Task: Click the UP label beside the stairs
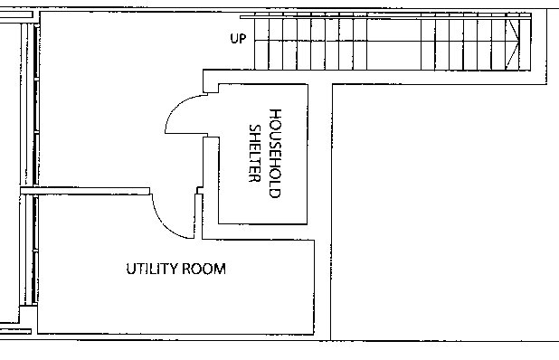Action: coord(238,39)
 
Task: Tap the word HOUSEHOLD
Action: coord(275,153)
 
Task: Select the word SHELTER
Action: coord(254,153)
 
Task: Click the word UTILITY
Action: coord(151,269)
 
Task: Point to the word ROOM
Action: coord(204,269)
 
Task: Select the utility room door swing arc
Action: coord(166,223)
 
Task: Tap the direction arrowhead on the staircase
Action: coord(513,43)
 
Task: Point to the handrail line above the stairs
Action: coord(385,16)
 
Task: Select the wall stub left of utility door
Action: coord(85,191)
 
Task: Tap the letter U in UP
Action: coord(234,39)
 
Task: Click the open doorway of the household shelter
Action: coord(205,115)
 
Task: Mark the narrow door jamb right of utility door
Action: coord(199,216)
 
